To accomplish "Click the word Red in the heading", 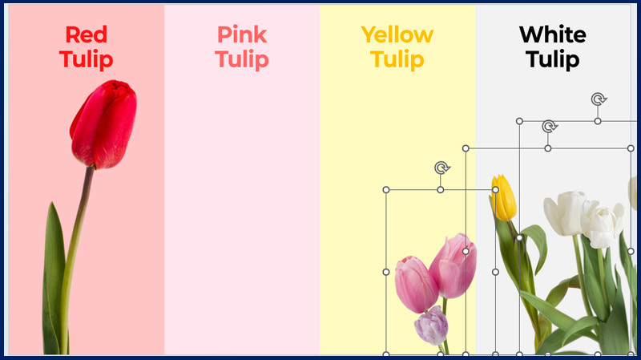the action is (x=87, y=34).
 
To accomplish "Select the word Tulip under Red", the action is (x=87, y=59).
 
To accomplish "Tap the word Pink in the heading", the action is (x=242, y=34).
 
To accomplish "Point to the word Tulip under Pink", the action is (x=242, y=59).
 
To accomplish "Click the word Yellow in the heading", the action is (x=397, y=35).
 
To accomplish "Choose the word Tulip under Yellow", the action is (x=397, y=59).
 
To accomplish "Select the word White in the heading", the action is (x=553, y=34).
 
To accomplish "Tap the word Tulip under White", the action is (x=553, y=59).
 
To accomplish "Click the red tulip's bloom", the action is (x=104, y=124).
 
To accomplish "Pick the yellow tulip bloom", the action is (x=504, y=197).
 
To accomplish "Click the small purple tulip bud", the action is (x=431, y=326).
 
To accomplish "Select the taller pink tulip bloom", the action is (x=453, y=265).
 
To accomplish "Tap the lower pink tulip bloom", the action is (x=416, y=285).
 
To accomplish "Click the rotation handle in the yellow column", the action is (x=441, y=168).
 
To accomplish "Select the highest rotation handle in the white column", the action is (x=599, y=99).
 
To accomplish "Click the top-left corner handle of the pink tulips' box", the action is (x=386, y=190).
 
